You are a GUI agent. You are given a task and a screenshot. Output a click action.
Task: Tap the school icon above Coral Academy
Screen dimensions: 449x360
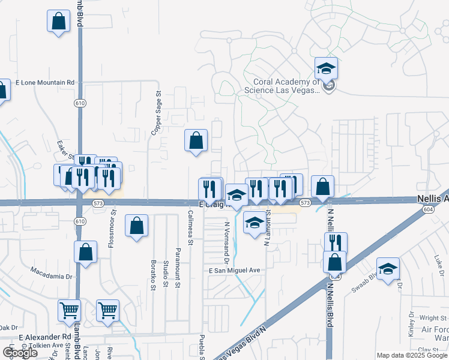pyautogui.click(x=326, y=68)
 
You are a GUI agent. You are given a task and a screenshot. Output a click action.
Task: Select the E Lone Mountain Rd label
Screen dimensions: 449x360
pyautogui.click(x=45, y=82)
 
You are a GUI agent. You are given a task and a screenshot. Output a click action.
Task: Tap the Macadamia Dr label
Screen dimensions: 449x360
pyautogui.click(x=51, y=277)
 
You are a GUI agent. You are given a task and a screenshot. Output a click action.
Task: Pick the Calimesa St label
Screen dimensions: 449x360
pyautogui.click(x=190, y=228)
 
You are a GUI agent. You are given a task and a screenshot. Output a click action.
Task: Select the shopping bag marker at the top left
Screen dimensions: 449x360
pyautogui.click(x=58, y=21)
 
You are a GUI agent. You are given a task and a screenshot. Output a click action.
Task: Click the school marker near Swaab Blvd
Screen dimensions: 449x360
pyautogui.click(x=388, y=269)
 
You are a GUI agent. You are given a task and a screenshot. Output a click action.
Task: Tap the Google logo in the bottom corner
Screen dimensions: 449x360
pyautogui.click(x=20, y=353)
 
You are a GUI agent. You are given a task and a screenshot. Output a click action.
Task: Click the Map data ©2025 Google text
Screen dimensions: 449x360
pyautogui.click(x=412, y=356)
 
